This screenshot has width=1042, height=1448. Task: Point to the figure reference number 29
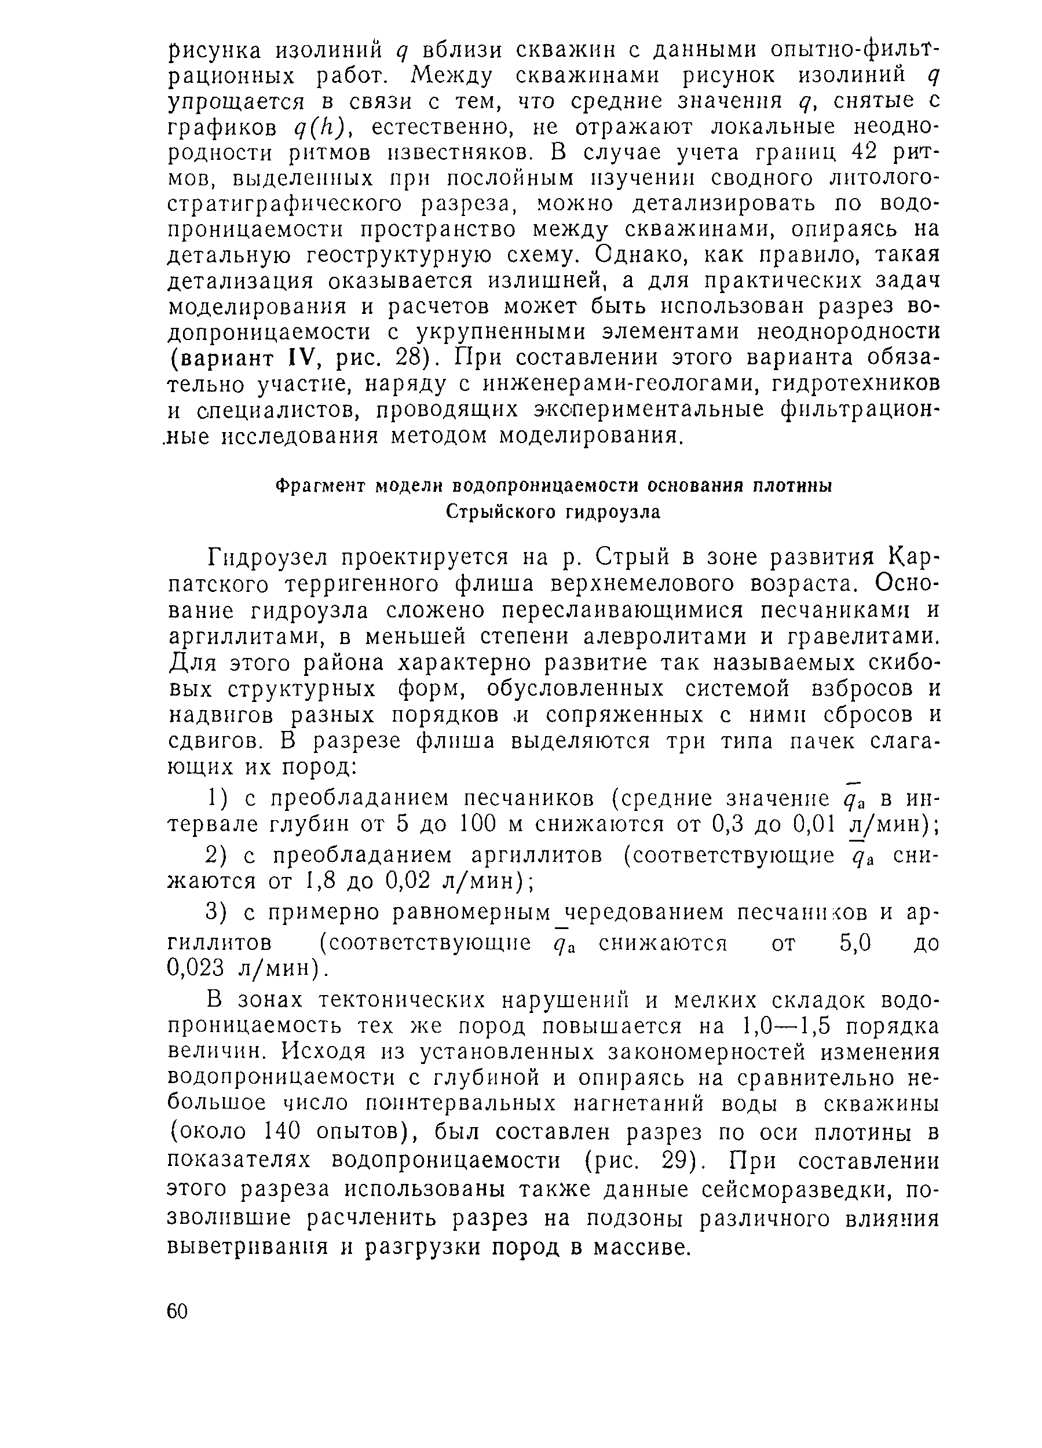coord(676,1160)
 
